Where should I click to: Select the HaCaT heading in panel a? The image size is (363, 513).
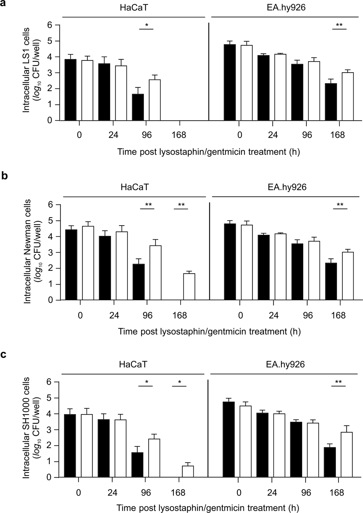point(134,7)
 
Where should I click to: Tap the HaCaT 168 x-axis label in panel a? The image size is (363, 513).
point(179,135)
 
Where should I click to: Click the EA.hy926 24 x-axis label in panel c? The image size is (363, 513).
point(272,492)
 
